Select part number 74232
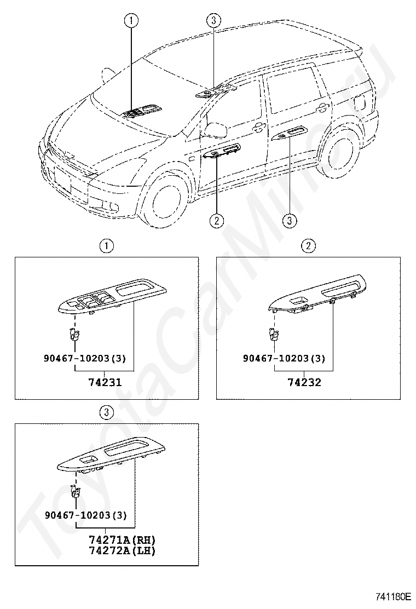point(305,382)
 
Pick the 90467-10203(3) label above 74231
point(85,359)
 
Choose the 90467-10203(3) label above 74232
point(285,359)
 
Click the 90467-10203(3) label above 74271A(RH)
point(85,515)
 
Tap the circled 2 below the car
point(217,221)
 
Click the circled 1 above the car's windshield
point(131,21)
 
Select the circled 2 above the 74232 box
point(309,246)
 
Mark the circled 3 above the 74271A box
point(107,411)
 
